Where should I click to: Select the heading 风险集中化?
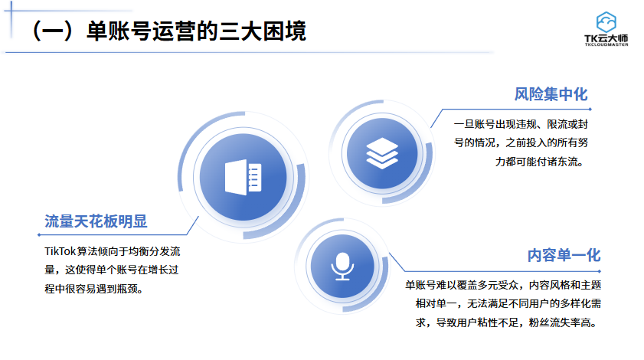tap(551, 94)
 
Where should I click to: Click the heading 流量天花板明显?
tap(96, 222)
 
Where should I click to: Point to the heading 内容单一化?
tap(563, 255)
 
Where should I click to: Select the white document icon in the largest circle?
tap(243, 177)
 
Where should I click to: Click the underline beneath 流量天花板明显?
tap(115, 234)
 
